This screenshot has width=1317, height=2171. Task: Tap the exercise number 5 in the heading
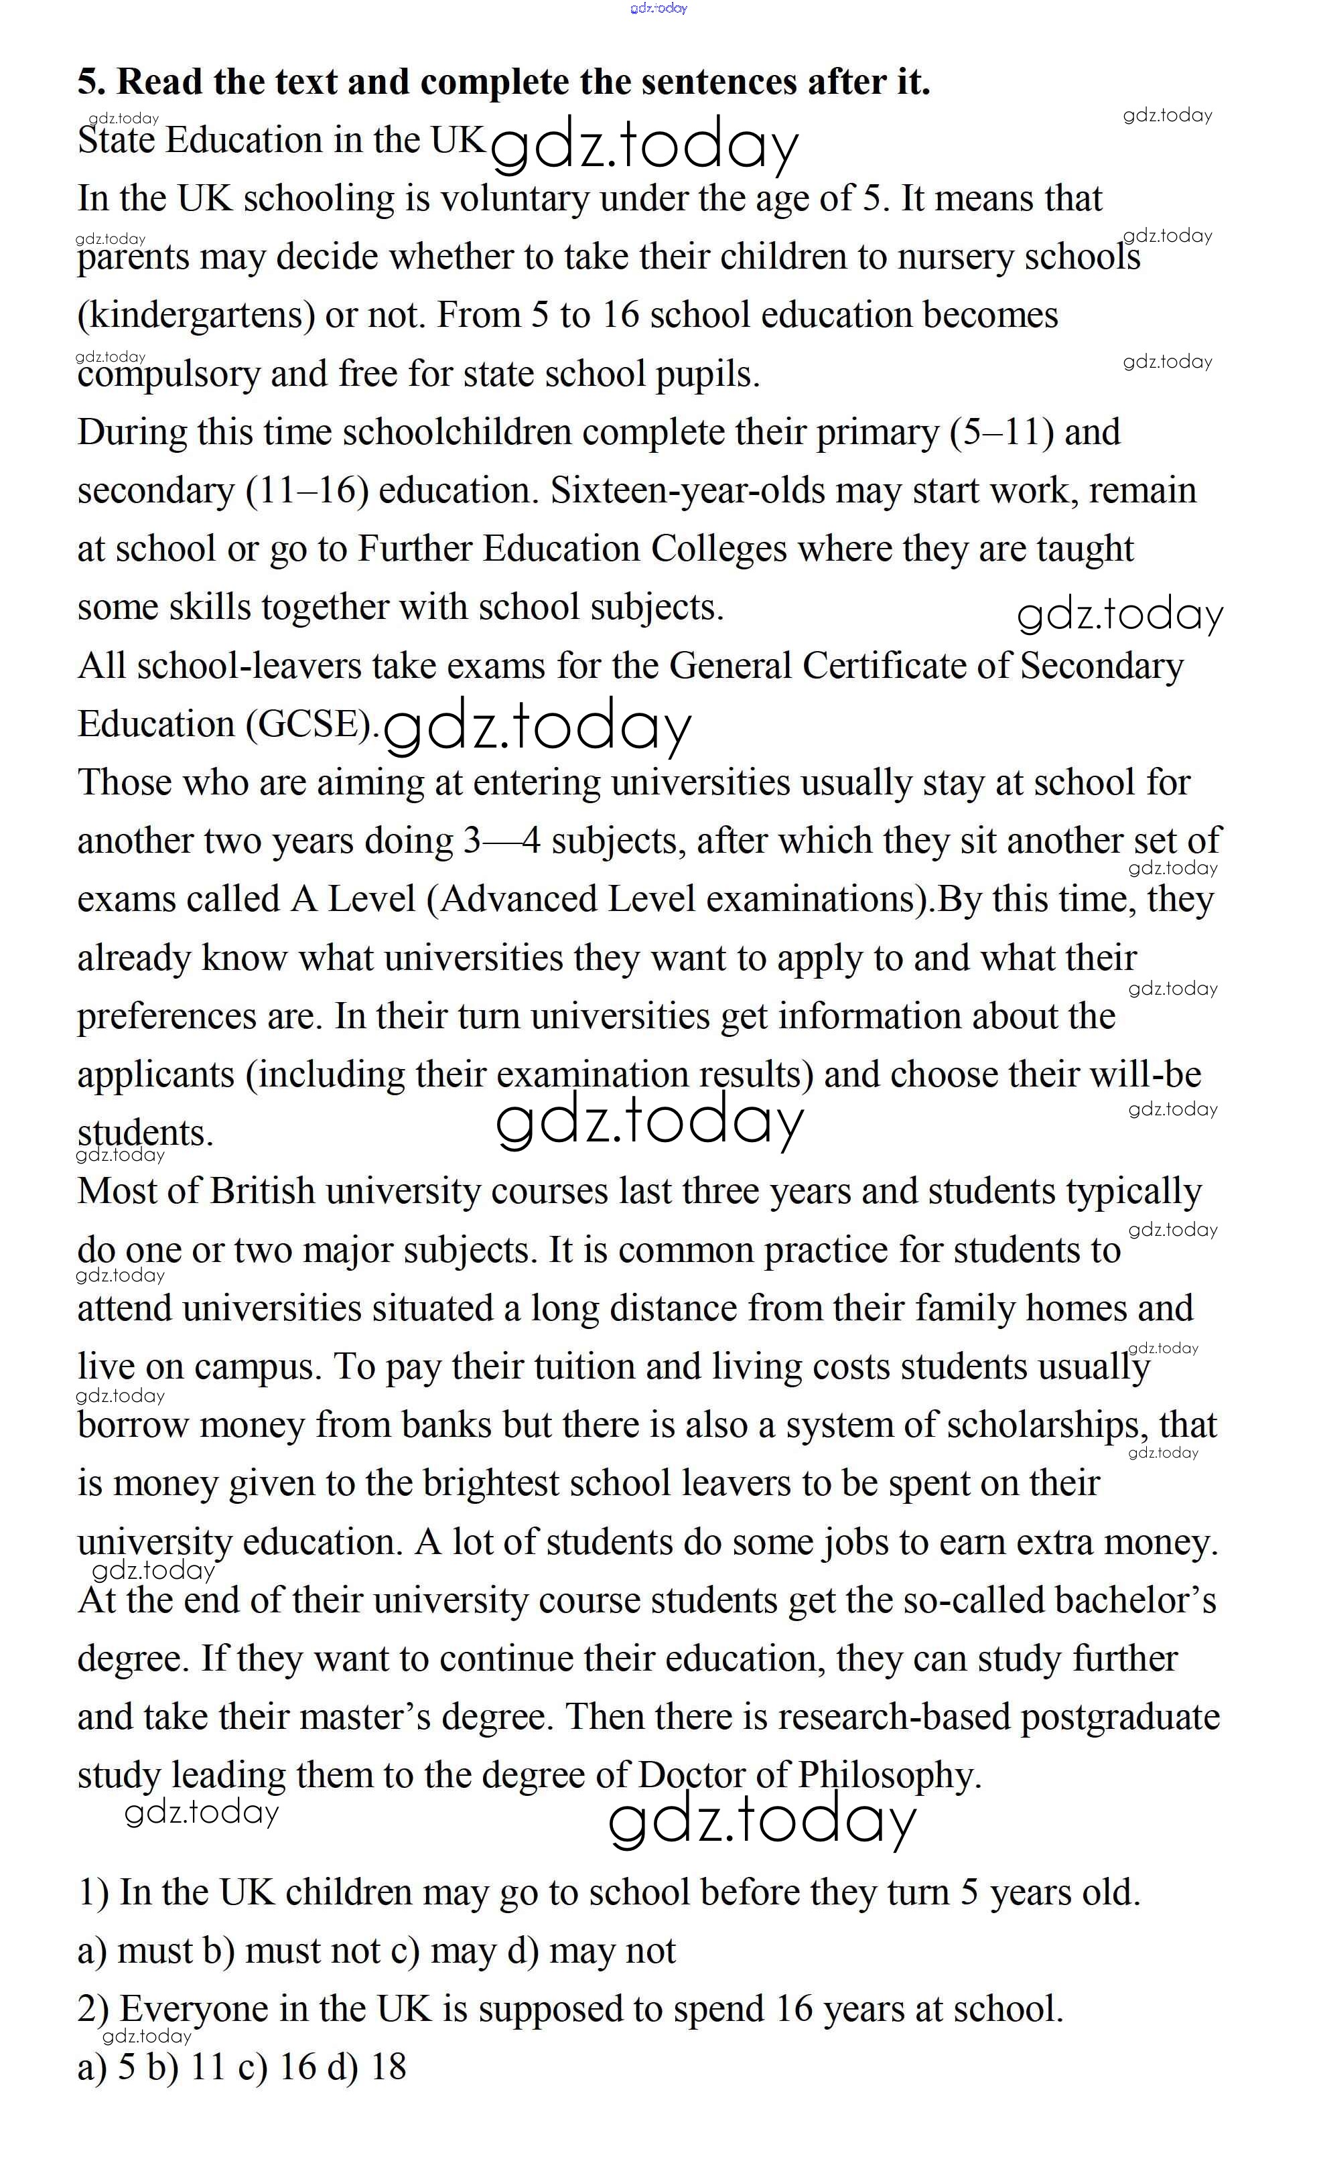click(90, 82)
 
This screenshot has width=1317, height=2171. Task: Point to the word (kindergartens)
click(196, 316)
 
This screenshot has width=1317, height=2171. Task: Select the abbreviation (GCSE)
click(313, 724)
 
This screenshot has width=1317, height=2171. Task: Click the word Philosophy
click(889, 1775)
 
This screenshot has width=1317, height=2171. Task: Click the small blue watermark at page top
click(658, 8)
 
